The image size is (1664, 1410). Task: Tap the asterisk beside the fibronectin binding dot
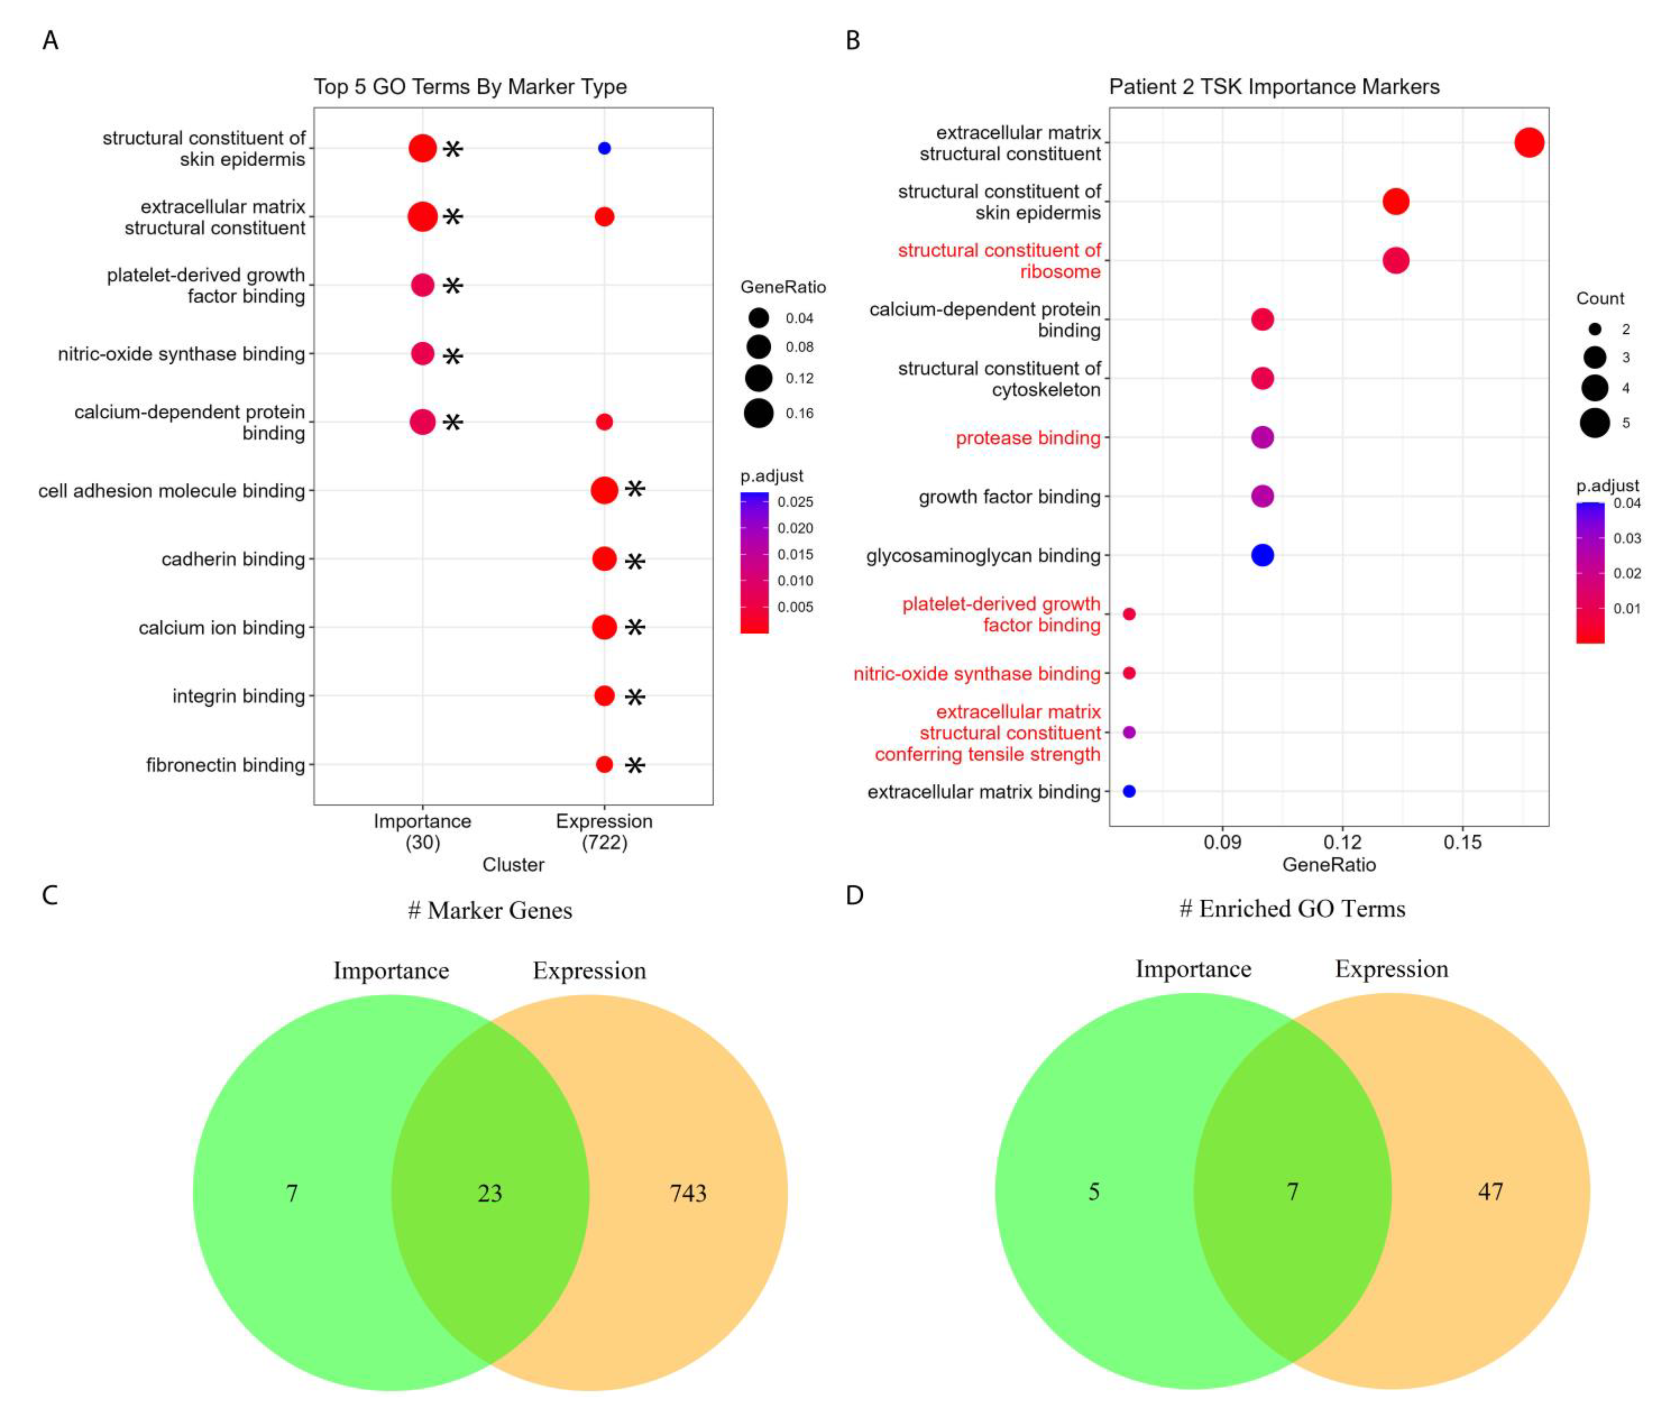point(635,765)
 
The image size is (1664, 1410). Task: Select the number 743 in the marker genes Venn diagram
point(688,1193)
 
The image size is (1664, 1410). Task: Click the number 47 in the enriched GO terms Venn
point(1490,1192)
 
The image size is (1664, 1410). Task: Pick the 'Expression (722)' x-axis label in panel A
point(604,831)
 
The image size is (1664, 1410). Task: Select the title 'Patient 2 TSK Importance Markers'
point(1274,86)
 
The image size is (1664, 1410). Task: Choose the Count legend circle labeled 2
point(1594,328)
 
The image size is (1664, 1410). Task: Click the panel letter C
point(50,895)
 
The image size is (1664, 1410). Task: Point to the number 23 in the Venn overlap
point(489,1193)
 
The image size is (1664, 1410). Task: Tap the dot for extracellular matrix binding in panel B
point(1129,792)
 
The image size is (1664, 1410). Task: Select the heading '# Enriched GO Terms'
point(1292,909)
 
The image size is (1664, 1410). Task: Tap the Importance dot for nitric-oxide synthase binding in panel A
point(422,353)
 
